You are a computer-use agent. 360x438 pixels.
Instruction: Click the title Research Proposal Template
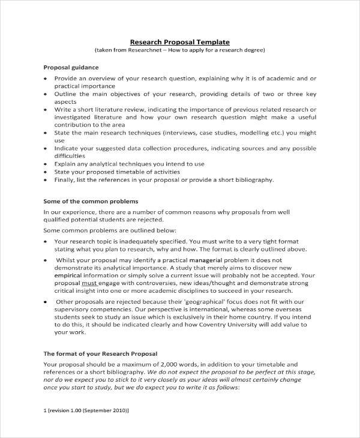coord(180,41)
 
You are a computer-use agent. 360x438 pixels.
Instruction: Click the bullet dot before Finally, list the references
coord(46,179)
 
